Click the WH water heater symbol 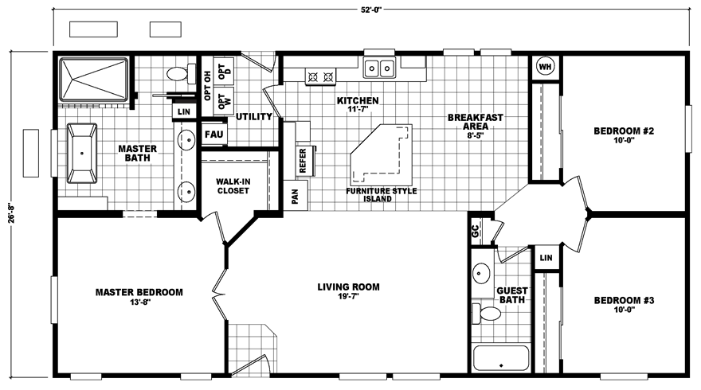(546, 67)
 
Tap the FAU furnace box (213, 135)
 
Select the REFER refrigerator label (303, 161)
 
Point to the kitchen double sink (380, 69)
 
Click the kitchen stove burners (319, 76)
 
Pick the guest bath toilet (488, 311)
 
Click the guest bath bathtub (501, 357)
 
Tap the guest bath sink (481, 275)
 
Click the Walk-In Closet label (233, 185)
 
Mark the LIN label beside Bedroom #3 (546, 258)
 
